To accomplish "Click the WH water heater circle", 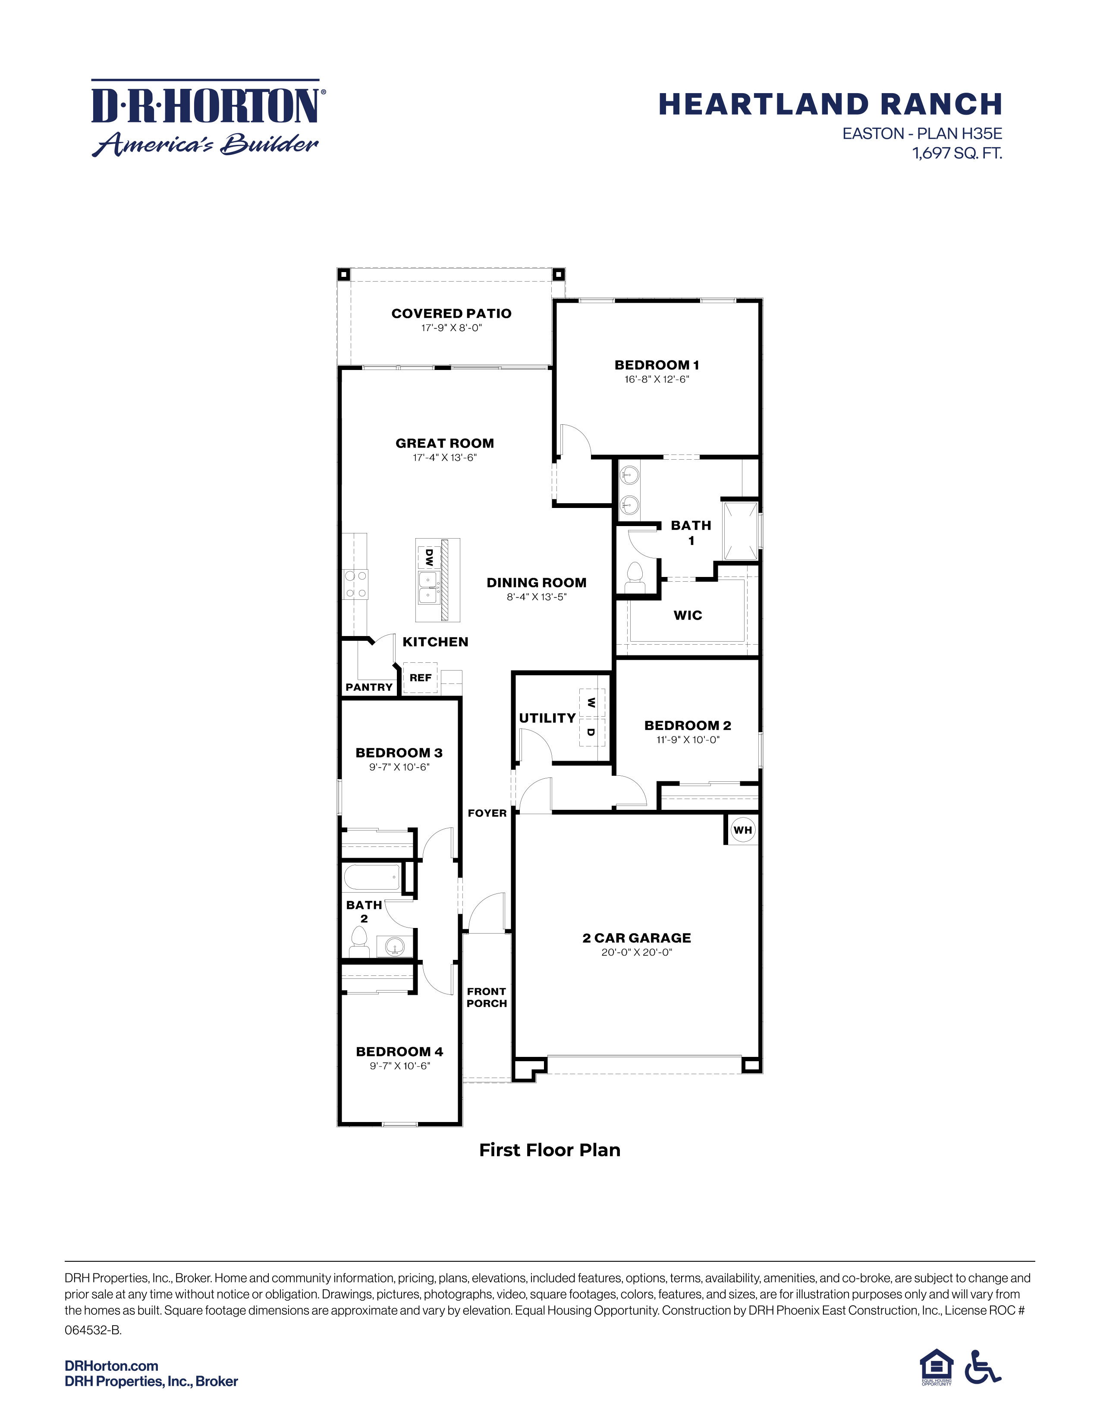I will pos(742,830).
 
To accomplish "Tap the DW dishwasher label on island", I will pos(429,557).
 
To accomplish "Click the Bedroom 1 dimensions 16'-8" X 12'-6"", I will pos(656,379).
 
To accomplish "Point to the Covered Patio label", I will pos(451,313).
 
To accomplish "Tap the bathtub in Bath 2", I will pos(371,878).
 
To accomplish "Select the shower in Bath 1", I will pos(740,530).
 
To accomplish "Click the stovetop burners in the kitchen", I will pos(356,584).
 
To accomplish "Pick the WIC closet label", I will pos(688,615).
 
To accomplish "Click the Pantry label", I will pos(369,687).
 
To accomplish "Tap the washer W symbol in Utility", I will pos(591,702).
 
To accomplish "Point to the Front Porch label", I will pos(486,997).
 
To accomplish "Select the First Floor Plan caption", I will pos(549,1150).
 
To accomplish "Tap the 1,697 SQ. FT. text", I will pos(957,154).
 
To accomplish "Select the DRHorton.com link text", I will pos(111,1366).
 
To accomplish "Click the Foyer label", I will pos(487,813).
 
